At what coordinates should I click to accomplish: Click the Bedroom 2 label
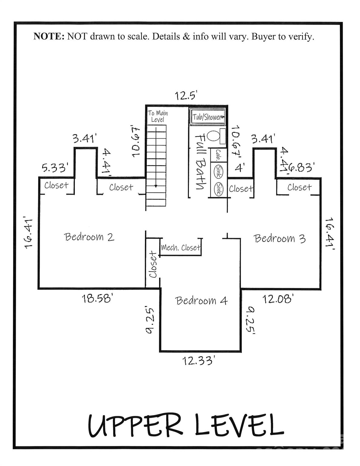(89, 237)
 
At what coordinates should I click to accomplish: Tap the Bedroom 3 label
(279, 238)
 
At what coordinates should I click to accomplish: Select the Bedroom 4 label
(201, 301)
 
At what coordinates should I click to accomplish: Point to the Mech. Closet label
(181, 248)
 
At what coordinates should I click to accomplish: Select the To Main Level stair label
(158, 116)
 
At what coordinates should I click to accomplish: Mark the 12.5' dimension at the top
(186, 96)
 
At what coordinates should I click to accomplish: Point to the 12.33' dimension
(199, 361)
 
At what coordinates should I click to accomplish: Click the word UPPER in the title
(135, 425)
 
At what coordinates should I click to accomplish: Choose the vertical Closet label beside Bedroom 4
(153, 265)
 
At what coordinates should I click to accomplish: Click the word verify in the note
(300, 37)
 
